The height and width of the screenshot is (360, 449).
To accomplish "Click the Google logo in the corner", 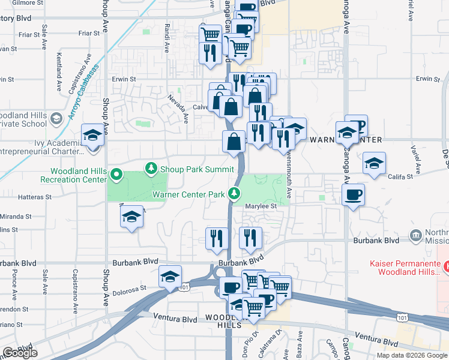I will click(x=20, y=353).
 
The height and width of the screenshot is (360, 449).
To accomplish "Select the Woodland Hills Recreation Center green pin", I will click(x=117, y=176).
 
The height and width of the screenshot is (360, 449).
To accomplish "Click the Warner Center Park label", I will click(x=188, y=194).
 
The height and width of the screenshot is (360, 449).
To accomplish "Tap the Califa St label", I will click(x=401, y=176).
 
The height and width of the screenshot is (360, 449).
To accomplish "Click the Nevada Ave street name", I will click(x=178, y=108).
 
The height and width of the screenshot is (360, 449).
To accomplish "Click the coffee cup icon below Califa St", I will click(x=352, y=194).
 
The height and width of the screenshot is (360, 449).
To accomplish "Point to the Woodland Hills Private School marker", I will click(x=56, y=118).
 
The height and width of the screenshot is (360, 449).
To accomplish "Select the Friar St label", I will click(x=29, y=35).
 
